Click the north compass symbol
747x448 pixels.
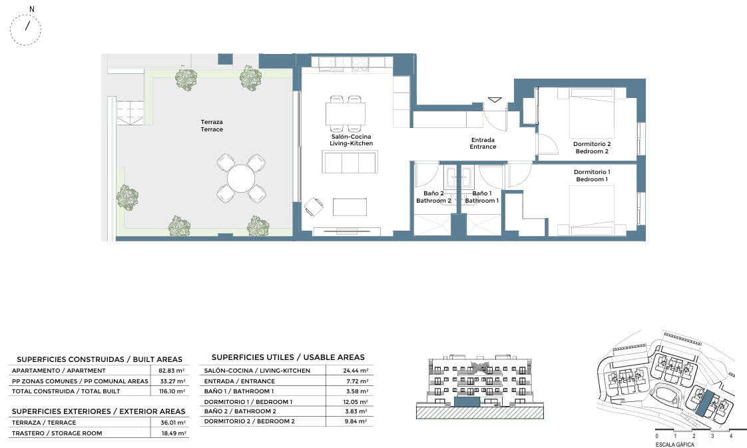tap(25, 29)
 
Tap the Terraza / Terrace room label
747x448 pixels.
tap(212, 125)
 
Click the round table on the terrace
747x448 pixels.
tap(241, 179)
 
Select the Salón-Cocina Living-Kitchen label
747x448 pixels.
tap(351, 140)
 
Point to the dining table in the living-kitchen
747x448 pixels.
tap(346, 114)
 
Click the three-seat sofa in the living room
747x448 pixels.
tap(350, 162)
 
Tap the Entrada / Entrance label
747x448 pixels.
tap(483, 143)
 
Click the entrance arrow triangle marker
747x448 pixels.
tap(495, 100)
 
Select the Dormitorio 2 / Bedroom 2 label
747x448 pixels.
tap(592, 147)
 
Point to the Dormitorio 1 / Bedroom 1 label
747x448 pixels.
tap(592, 175)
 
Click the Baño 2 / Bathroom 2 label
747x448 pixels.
tap(433, 197)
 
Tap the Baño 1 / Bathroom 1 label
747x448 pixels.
tap(481, 197)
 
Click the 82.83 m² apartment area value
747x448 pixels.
tap(172, 370)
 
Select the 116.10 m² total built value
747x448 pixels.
tap(172, 391)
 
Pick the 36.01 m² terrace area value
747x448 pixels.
tap(172, 422)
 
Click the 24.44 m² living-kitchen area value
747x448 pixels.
tap(356, 370)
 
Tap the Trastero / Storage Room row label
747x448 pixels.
tap(57, 433)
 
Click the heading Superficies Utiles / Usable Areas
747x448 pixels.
tap(288, 357)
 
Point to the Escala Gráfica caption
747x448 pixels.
tap(674, 445)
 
